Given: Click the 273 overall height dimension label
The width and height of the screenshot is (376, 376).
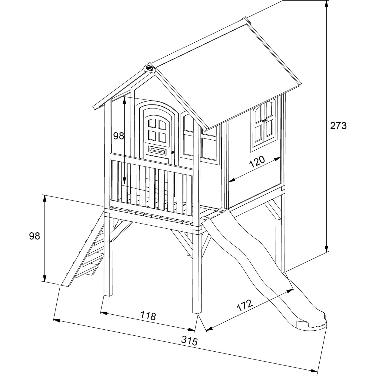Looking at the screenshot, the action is (x=338, y=126).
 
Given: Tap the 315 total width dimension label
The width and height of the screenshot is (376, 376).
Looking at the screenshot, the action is (x=190, y=341).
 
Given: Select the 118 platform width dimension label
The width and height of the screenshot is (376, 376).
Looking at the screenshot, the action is (x=148, y=316).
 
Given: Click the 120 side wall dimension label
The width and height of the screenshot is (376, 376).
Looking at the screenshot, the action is (x=257, y=162).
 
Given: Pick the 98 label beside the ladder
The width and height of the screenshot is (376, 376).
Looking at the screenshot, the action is (x=34, y=236).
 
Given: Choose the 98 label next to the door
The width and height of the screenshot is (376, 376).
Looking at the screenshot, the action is (x=119, y=136).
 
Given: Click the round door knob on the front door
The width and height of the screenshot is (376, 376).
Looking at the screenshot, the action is (x=172, y=153).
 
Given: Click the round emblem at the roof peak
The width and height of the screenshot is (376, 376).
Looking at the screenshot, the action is (x=150, y=68).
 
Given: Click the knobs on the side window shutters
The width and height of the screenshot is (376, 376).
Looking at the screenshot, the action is (x=265, y=121).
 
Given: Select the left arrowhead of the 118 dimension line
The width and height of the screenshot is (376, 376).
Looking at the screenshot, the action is (x=104, y=313).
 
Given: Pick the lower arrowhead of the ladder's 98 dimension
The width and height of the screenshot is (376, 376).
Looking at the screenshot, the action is (x=45, y=278).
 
